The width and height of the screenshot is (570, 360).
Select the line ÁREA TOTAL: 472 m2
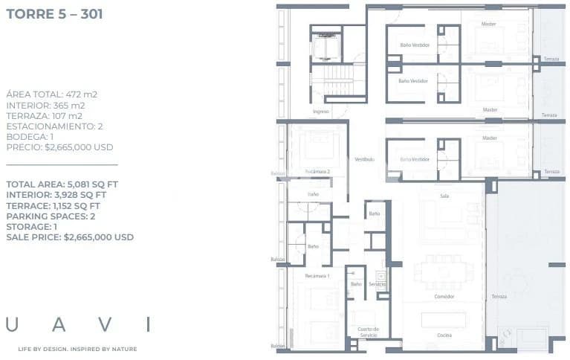[x=51, y=94]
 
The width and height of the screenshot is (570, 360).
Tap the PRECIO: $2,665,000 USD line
[x=59, y=147]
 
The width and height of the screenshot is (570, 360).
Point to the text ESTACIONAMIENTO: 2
[x=54, y=126]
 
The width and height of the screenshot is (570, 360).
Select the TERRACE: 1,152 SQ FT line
[x=53, y=206]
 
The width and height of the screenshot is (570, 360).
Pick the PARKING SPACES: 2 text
[x=52, y=216]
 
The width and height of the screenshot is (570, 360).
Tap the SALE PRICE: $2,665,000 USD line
[x=70, y=237]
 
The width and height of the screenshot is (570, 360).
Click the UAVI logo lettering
[x=78, y=324]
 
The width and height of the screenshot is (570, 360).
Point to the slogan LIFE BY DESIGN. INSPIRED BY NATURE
[x=77, y=349]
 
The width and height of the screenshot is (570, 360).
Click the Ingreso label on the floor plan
[x=320, y=112]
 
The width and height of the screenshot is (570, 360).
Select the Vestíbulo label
[x=364, y=159]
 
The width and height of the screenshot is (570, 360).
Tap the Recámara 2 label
[x=317, y=172]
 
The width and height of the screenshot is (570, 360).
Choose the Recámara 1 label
[x=317, y=276]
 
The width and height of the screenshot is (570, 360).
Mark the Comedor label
[x=444, y=297]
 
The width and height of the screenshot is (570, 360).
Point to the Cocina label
[x=444, y=335]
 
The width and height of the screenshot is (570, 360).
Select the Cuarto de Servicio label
[x=368, y=332]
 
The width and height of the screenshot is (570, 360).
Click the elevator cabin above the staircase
[x=326, y=48]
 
